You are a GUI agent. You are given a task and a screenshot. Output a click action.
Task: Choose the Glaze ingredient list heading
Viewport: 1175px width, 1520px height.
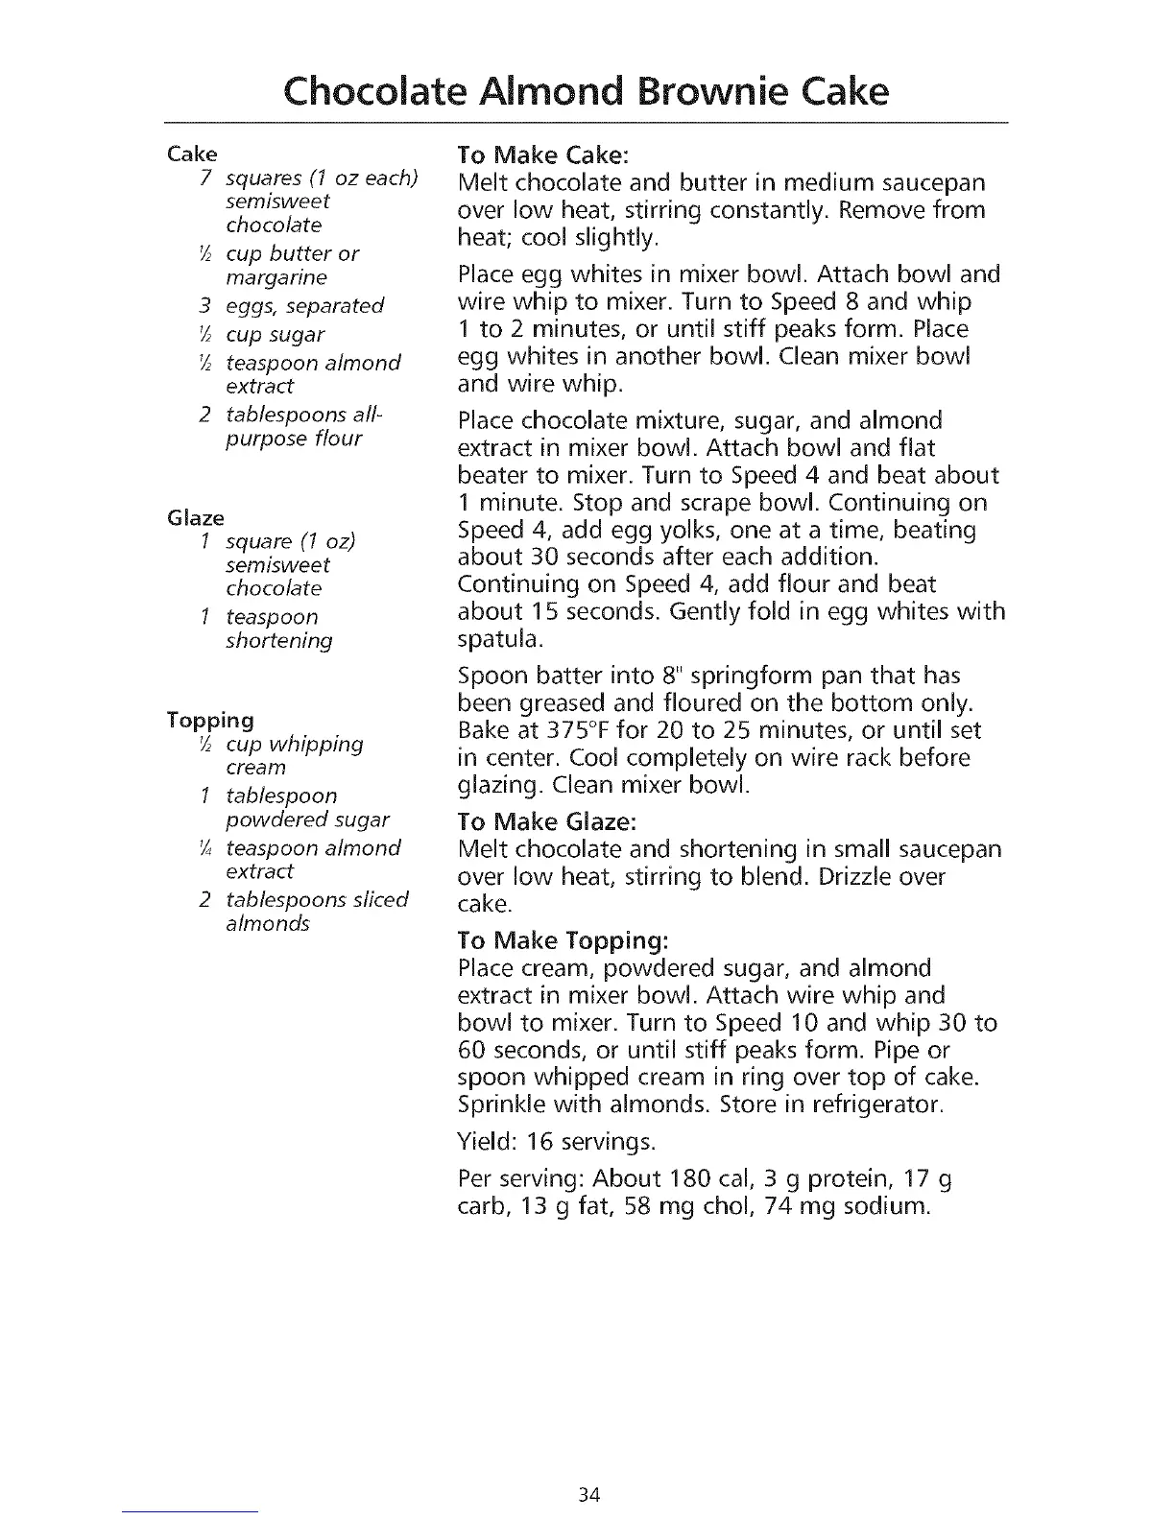195,517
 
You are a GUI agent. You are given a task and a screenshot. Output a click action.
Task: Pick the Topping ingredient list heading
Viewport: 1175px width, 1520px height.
209,720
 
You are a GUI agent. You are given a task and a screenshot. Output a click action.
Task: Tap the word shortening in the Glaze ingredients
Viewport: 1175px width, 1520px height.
279,641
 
